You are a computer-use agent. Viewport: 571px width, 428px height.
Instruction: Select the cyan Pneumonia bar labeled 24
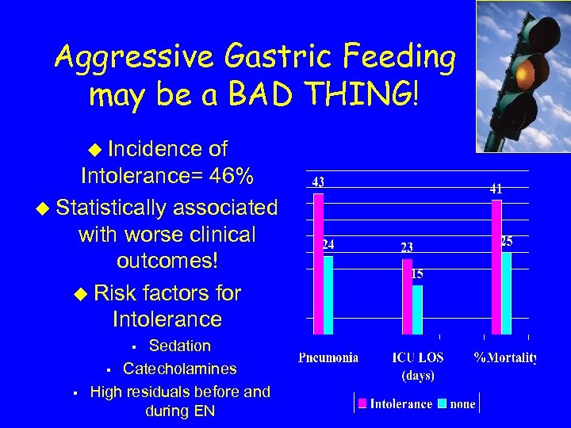pyautogui.click(x=328, y=293)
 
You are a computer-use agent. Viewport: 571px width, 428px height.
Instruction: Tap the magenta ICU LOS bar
pyautogui.click(x=407, y=296)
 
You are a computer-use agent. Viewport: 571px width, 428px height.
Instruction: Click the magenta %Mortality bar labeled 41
pyautogui.click(x=496, y=266)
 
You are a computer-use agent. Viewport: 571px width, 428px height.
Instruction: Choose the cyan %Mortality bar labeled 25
pyautogui.click(x=506, y=292)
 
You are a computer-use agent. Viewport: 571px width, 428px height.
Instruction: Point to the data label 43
pyautogui.click(x=317, y=182)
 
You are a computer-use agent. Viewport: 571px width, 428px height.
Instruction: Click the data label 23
pyautogui.click(x=406, y=247)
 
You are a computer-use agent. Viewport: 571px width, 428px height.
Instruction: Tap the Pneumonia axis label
pyautogui.click(x=328, y=358)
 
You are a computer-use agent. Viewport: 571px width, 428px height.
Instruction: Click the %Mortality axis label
pyautogui.click(x=505, y=358)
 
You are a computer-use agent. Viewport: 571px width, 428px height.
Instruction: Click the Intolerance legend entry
pyautogui.click(x=394, y=403)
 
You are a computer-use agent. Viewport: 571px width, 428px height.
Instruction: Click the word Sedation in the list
pyautogui.click(x=180, y=346)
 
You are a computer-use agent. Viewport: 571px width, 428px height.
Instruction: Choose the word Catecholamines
pyautogui.click(x=179, y=369)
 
